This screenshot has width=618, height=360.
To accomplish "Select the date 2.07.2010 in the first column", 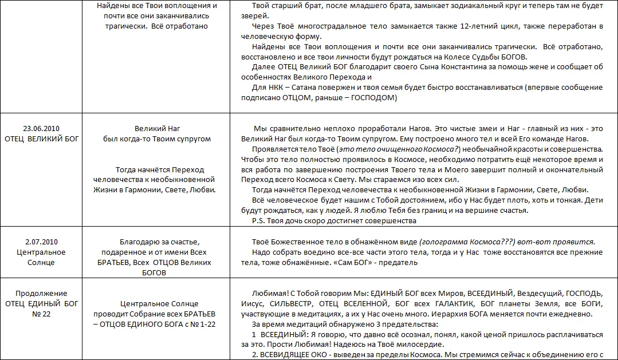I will point(41,242).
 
